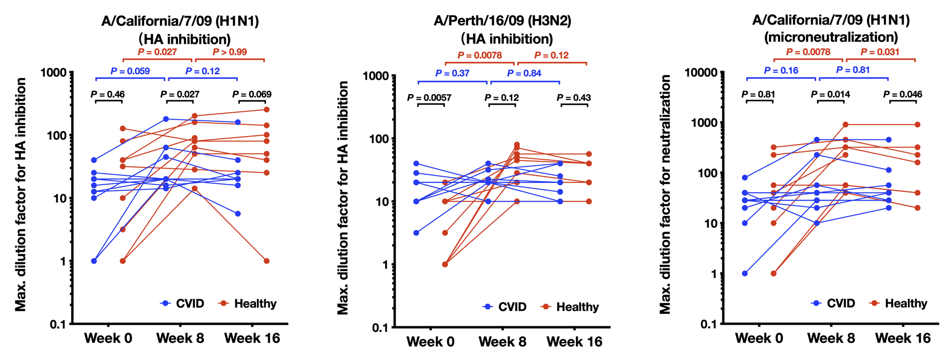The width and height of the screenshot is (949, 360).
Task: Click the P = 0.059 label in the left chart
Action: pyautogui.click(x=130, y=71)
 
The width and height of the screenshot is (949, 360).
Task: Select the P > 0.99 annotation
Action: pyautogui.click(x=230, y=52)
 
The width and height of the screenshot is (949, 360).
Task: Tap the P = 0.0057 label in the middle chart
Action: pyautogui.click(x=430, y=98)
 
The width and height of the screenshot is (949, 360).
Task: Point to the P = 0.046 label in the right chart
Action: pyautogui.click(x=902, y=94)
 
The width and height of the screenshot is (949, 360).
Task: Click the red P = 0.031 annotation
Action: pyautogui.click(x=880, y=52)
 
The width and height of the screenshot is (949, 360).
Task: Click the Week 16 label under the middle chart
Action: pyautogui.click(x=574, y=342)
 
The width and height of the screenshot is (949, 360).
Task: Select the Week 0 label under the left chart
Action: pyautogui.click(x=108, y=338)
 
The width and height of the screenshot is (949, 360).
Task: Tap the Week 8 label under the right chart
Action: pyautogui.click(x=831, y=338)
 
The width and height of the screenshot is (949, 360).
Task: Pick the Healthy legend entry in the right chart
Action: pyautogui.click(x=905, y=304)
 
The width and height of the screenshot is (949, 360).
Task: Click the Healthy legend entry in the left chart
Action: pyautogui.click(x=255, y=304)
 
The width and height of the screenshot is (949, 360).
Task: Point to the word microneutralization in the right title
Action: pyautogui.click(x=831, y=37)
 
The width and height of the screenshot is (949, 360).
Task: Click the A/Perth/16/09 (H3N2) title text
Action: pyautogui.click(x=502, y=21)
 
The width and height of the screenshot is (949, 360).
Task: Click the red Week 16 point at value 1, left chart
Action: pyautogui.click(x=266, y=261)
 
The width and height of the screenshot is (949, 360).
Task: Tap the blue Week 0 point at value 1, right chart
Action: pyautogui.click(x=745, y=274)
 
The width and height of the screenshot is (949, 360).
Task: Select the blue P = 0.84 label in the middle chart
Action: pyautogui.click(x=524, y=74)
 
